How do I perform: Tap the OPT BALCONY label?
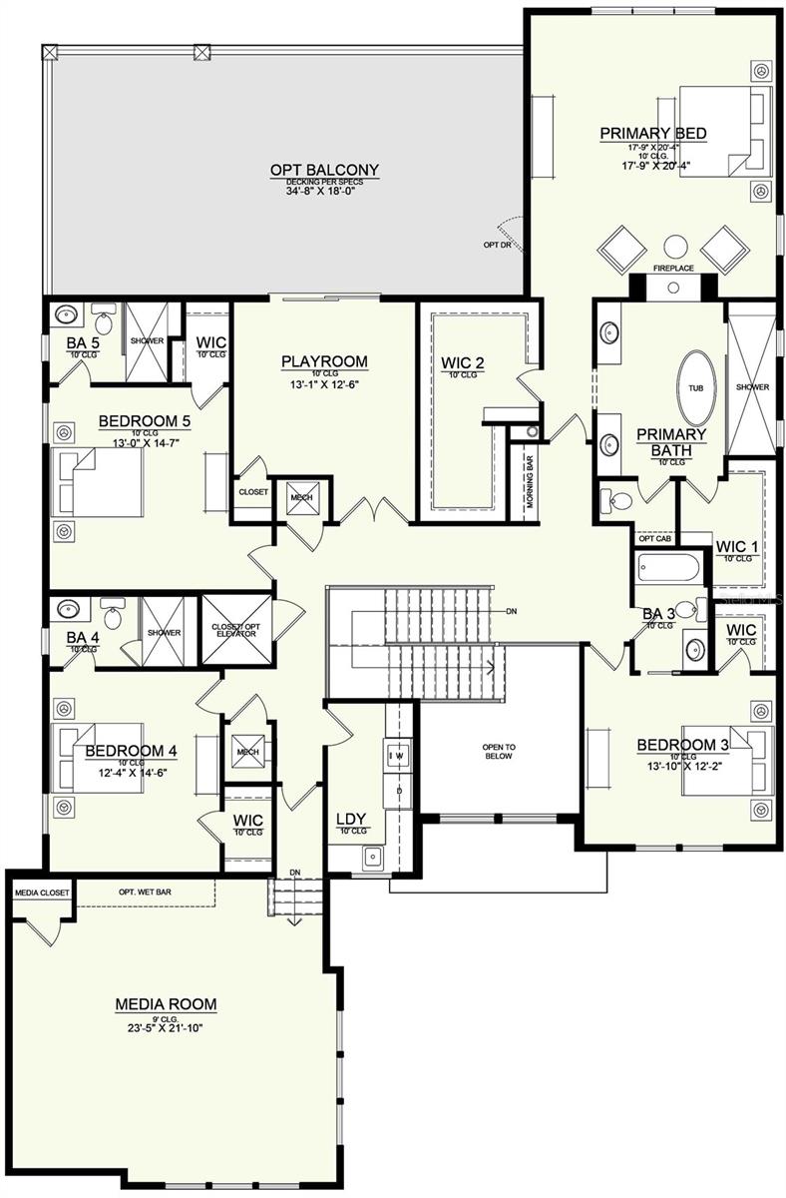click(310, 170)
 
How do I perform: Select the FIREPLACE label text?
click(672, 269)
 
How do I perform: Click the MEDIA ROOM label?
click(166, 1003)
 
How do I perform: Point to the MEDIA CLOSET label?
click(39, 891)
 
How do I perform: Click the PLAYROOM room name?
click(323, 361)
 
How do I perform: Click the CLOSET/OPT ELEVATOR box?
click(236, 629)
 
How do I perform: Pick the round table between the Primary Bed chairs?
click(675, 246)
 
